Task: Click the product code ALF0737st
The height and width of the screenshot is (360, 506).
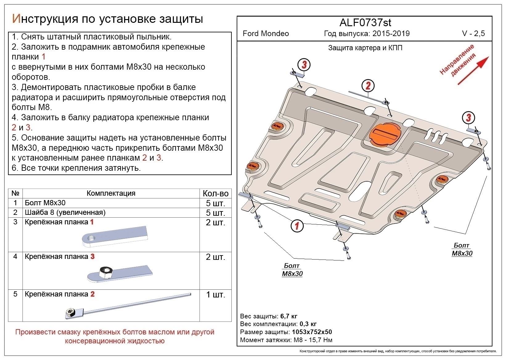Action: coord(365,23)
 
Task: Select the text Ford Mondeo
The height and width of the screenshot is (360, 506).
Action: coord(266,34)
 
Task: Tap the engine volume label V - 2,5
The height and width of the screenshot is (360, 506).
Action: coord(473,34)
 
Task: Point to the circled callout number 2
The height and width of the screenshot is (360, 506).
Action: coord(368,86)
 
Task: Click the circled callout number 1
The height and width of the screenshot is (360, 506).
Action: coord(297,226)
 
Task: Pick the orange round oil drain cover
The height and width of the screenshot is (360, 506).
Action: coord(385,133)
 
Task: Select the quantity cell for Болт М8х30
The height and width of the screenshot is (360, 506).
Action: coord(215,203)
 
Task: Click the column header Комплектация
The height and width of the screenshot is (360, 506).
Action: coord(111,193)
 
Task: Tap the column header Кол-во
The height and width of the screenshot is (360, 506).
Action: coord(215,194)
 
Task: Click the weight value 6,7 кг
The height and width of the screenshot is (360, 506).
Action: coord(289,316)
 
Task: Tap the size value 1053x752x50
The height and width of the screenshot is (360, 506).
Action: coord(312,332)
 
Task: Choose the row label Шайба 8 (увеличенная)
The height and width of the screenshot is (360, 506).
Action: coord(65,212)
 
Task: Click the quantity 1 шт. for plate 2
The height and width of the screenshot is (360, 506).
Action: coord(215,295)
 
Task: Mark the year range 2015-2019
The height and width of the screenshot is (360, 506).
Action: coord(391,34)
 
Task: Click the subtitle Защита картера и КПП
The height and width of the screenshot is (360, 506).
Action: coord(365,48)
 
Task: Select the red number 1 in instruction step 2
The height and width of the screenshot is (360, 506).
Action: coord(43,57)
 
